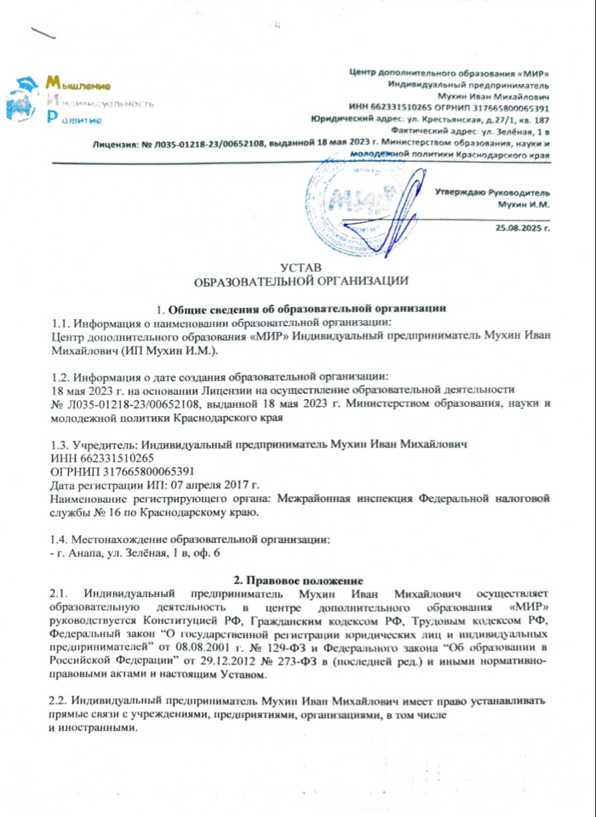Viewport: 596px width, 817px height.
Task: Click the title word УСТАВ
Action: (x=301, y=268)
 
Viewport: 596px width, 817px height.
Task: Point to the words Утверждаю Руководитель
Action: (x=493, y=193)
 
